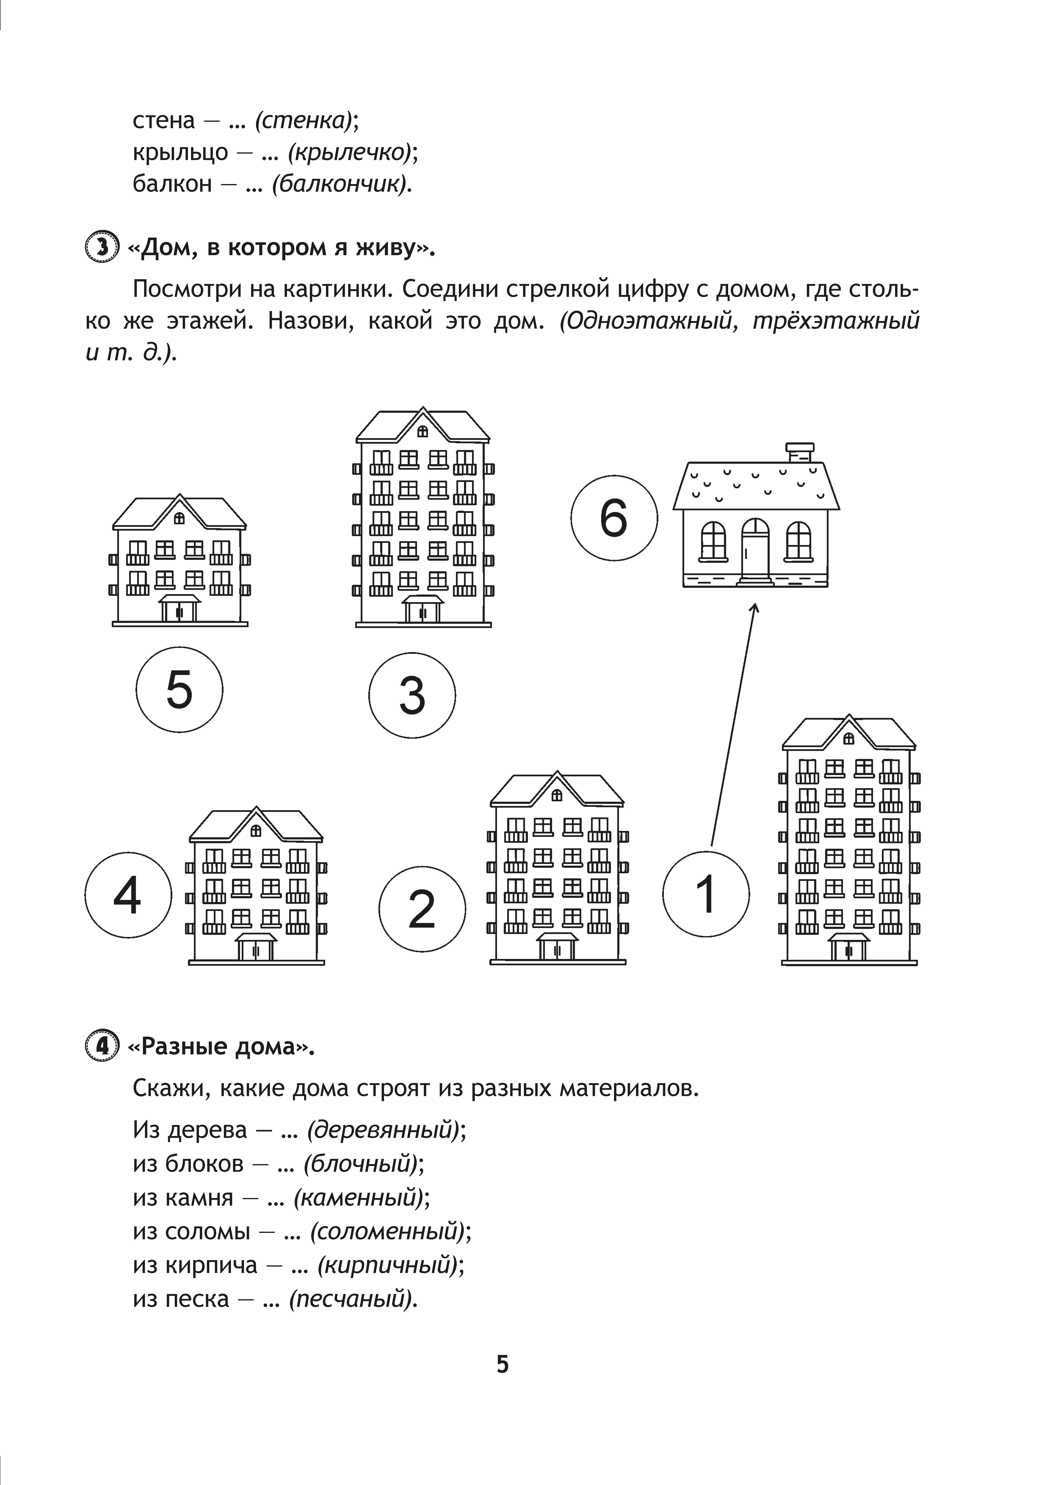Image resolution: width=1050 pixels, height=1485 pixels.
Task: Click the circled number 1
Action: click(706, 894)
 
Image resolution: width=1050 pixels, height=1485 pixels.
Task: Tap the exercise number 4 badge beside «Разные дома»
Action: click(102, 1046)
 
